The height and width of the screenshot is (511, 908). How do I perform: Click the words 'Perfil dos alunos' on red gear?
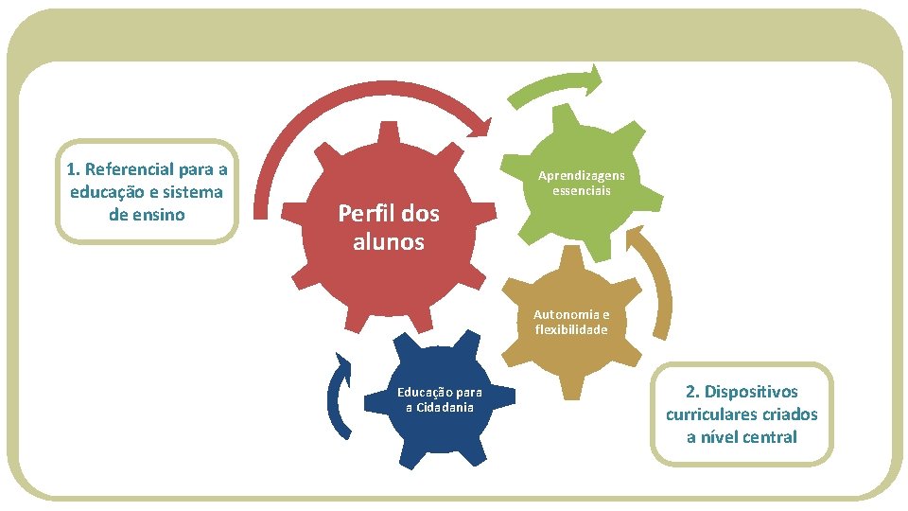[389, 227]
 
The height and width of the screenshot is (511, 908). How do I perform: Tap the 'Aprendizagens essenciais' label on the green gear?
[582, 183]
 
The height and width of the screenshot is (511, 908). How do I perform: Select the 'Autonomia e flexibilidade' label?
[571, 322]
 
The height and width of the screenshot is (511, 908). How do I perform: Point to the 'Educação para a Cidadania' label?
[439, 399]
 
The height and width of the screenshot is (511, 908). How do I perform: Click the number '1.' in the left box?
[73, 169]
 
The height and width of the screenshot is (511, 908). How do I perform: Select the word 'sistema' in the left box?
[193, 192]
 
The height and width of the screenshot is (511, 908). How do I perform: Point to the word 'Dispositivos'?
[754, 392]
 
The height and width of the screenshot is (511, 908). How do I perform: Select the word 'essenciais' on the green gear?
[582, 190]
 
